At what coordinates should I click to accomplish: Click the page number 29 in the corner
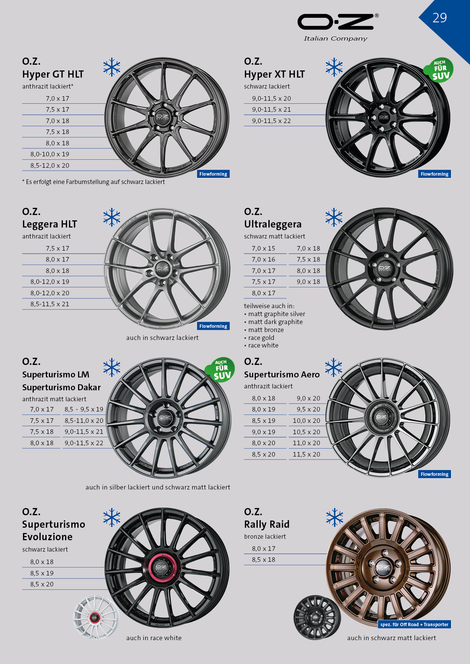point(440,18)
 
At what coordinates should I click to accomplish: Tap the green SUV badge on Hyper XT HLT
point(439,70)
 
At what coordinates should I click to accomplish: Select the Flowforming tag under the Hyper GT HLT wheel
point(213,174)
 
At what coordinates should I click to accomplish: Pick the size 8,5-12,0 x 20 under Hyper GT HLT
point(50,165)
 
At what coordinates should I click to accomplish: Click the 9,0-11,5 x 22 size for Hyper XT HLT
point(271,121)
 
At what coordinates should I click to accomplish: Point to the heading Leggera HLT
point(50,224)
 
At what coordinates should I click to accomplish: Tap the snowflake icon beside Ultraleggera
point(334,217)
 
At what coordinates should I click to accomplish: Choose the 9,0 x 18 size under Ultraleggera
point(309,282)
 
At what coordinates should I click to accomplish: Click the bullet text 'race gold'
point(261,338)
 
